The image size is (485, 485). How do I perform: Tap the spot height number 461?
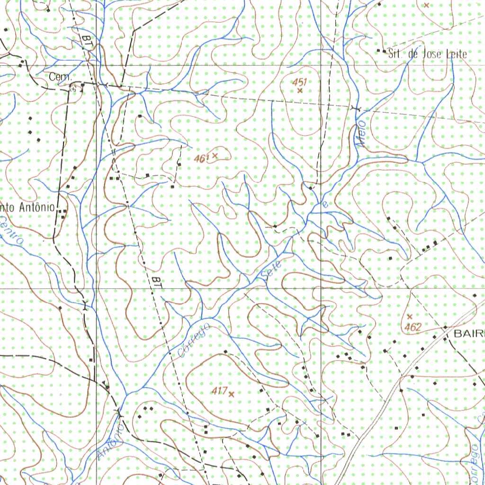[x=201, y=159]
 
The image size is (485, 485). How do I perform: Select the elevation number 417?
[x=218, y=391]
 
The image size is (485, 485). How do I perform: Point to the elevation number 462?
[x=413, y=327]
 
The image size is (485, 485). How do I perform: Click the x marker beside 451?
[x=299, y=90]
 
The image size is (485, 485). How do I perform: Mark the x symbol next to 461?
[x=215, y=155]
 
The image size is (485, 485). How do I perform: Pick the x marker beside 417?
[x=231, y=394]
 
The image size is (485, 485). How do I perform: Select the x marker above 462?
[x=410, y=316]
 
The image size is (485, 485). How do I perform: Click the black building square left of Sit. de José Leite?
[x=378, y=51]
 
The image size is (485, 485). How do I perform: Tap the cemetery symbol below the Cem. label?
[x=72, y=87]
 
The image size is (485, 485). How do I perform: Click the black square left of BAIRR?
[x=445, y=328]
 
